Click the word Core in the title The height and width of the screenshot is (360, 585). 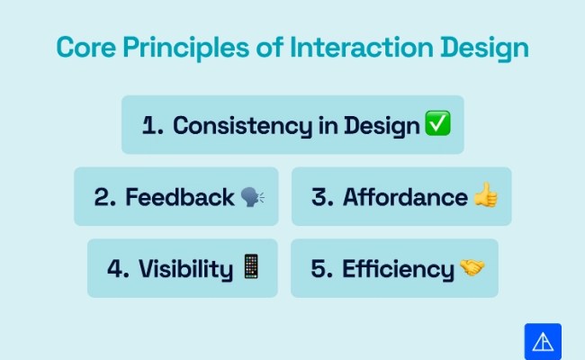point(83,48)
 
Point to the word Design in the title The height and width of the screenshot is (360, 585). point(482,48)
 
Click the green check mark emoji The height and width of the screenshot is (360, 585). point(437,125)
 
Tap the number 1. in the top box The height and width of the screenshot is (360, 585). point(152,125)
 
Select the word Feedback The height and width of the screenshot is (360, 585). point(180,196)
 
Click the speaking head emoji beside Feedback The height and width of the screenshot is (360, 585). point(253,196)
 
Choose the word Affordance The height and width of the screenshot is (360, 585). point(405,196)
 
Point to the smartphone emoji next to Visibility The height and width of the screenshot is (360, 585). point(251,267)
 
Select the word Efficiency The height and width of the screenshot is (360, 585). point(398,268)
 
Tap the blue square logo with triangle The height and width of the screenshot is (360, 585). point(543,341)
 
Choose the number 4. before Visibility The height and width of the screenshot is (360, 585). point(119,268)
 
